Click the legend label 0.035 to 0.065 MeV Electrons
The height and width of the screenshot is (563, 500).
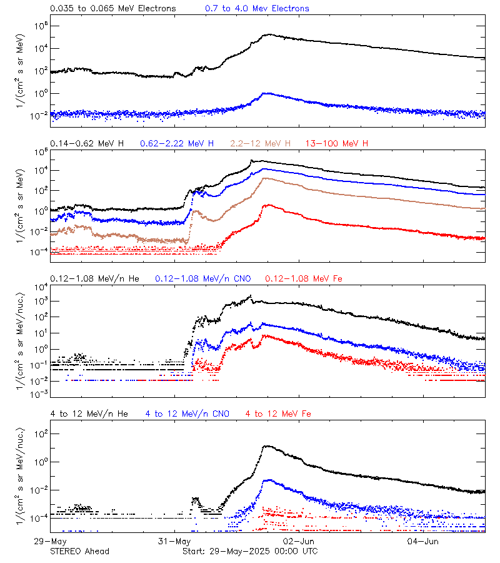coord(113,9)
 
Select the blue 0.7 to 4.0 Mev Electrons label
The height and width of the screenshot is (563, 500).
coord(257,9)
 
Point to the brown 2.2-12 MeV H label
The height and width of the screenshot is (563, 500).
coord(261,144)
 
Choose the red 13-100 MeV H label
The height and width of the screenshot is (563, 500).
coord(337,144)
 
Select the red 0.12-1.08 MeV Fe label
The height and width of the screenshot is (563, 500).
coord(303,278)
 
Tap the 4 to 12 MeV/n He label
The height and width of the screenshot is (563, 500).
coord(89,413)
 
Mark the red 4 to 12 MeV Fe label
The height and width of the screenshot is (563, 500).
coord(278,413)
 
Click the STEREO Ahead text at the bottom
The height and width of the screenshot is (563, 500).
coord(79,551)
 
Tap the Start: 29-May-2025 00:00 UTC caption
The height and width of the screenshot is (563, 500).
coord(249,551)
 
